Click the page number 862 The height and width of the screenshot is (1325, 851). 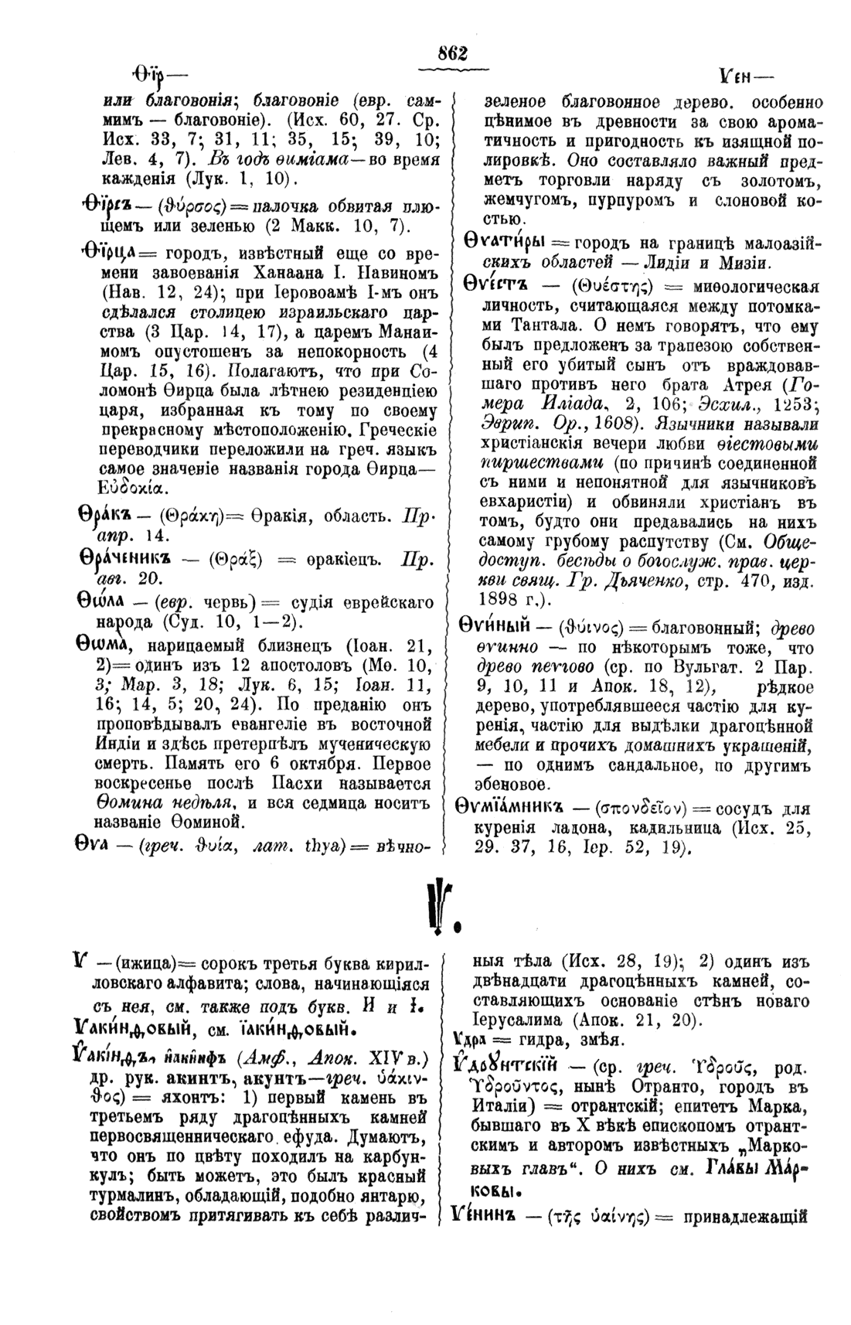tap(453, 53)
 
